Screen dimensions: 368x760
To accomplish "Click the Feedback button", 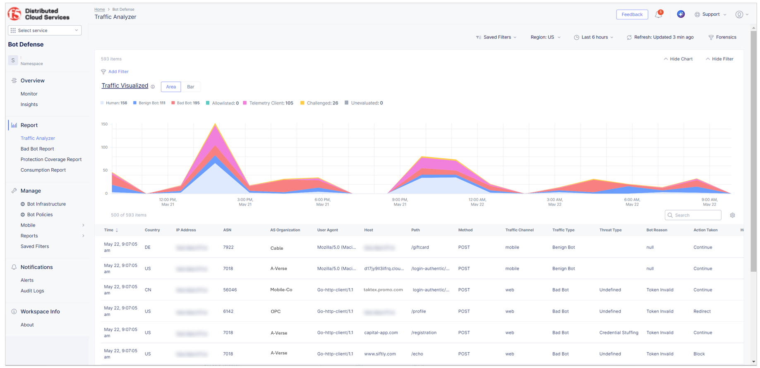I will click(x=632, y=14).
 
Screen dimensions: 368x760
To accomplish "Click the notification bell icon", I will click(x=658, y=14).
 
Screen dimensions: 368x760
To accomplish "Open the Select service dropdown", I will click(x=45, y=30).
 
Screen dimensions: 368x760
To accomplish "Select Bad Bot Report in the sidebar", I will click(x=37, y=149).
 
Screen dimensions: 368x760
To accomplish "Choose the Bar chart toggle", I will click(x=190, y=87).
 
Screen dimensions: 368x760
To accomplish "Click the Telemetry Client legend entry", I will click(x=271, y=103).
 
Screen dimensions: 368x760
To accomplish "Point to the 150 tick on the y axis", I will click(x=104, y=124).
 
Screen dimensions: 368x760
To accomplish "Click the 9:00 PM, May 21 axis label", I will click(x=400, y=202).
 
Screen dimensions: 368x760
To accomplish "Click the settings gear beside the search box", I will click(x=732, y=215).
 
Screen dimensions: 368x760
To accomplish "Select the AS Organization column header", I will click(x=285, y=230).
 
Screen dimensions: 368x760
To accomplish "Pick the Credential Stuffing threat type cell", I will click(x=619, y=332).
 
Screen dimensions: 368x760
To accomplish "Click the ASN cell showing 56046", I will click(x=230, y=290).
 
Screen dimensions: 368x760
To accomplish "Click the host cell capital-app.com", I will click(x=381, y=332).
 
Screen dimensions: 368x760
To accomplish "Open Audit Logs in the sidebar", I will click(x=32, y=291).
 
